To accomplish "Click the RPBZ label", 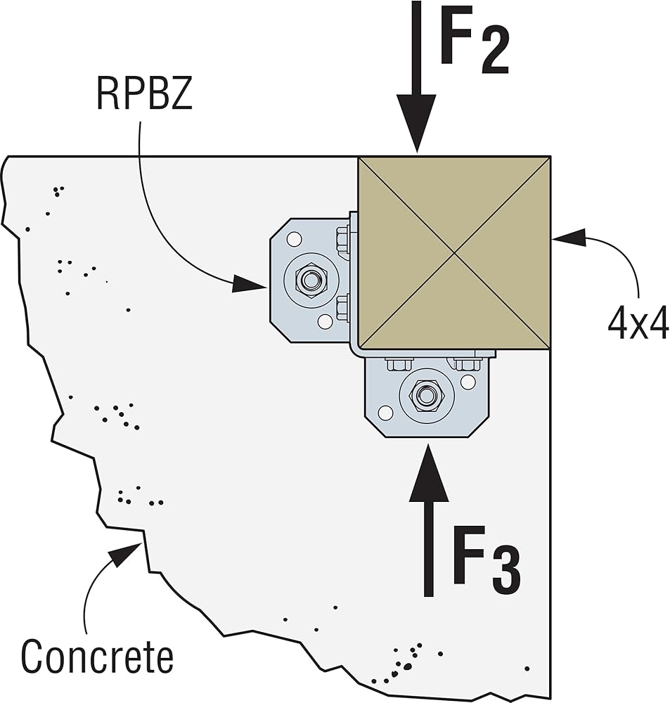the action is (x=144, y=95).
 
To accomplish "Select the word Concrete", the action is (x=97, y=657).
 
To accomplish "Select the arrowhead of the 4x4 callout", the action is (x=569, y=238).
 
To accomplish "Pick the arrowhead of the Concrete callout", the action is (x=127, y=553).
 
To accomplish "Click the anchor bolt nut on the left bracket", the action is (x=309, y=280).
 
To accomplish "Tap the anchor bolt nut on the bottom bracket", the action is (x=424, y=394).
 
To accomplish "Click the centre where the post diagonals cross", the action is (x=454, y=253).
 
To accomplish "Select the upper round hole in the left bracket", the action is (x=295, y=239).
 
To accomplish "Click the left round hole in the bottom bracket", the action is (x=385, y=413).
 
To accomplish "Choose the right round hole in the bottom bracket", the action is (x=468, y=382).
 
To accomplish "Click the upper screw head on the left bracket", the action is (x=342, y=240).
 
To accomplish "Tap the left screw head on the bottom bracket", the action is (x=399, y=363).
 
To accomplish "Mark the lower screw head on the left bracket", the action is (x=342, y=309).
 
